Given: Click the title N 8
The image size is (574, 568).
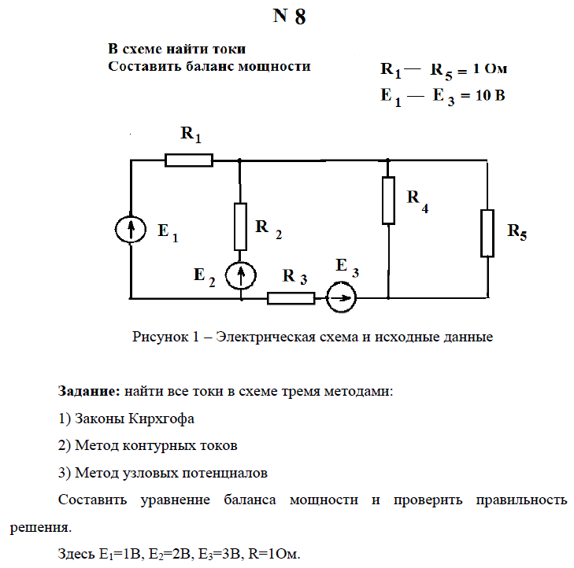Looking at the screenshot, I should [x=289, y=18].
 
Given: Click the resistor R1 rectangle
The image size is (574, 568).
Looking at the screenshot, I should [x=189, y=160].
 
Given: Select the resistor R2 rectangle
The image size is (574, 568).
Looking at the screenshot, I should [x=240, y=227].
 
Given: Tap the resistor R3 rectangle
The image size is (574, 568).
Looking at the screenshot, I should [x=291, y=298].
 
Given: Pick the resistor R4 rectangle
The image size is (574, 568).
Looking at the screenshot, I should [x=388, y=200].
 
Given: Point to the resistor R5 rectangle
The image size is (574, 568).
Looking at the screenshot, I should [x=487, y=233].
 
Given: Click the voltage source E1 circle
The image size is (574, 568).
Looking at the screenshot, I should [x=131, y=230].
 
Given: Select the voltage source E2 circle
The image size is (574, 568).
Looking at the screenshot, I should [x=240, y=276].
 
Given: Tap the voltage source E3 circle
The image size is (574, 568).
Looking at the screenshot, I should [x=341, y=298].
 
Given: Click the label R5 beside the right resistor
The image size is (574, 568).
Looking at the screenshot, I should [x=517, y=231].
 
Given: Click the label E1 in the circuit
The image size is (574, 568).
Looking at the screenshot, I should [x=168, y=232].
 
